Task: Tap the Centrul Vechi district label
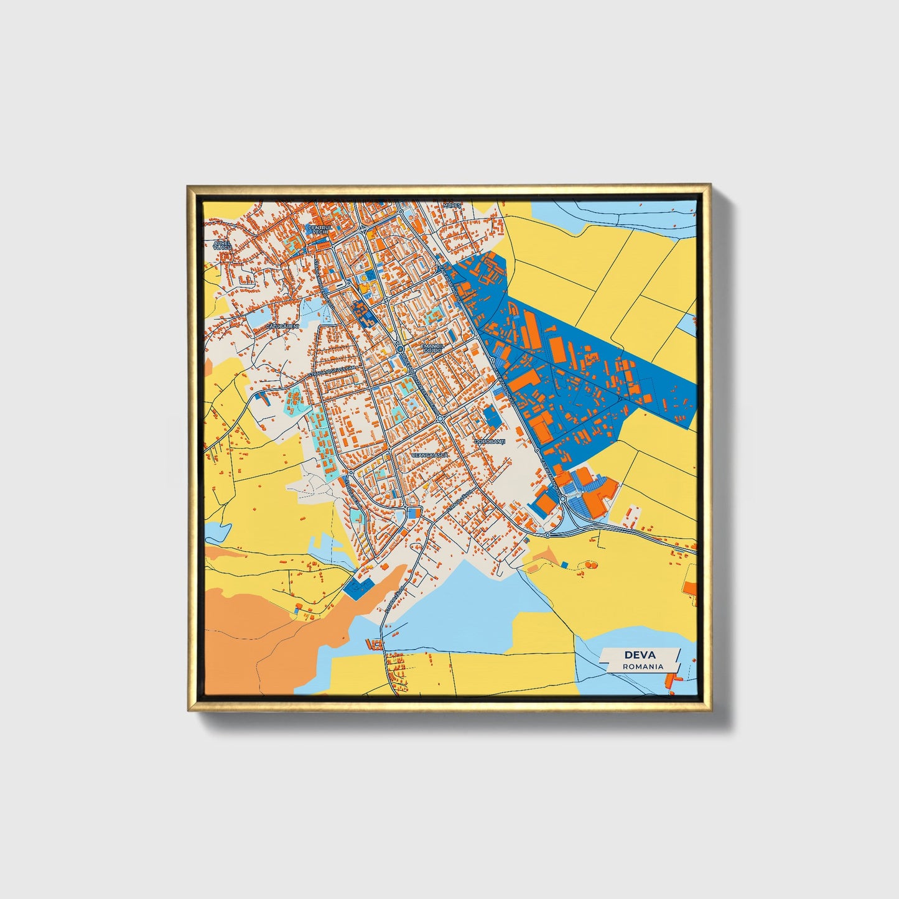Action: tap(320, 230)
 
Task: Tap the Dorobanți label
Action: tap(490, 441)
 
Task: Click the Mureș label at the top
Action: tap(452, 205)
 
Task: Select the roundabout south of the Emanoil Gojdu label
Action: tap(440, 419)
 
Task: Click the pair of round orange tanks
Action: tap(590, 565)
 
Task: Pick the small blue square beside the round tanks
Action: tap(564, 564)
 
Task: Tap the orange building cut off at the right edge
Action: tap(689, 588)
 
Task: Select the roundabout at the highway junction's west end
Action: tap(547, 534)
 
